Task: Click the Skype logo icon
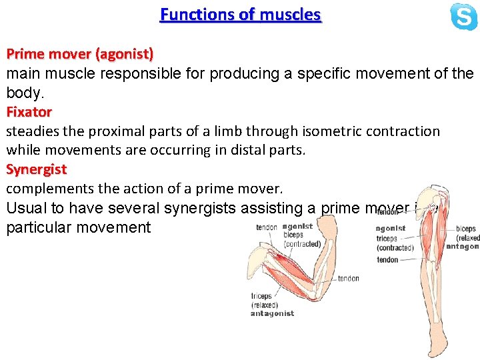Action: (x=463, y=17)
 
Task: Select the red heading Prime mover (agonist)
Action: (x=80, y=53)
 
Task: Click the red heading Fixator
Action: (x=29, y=111)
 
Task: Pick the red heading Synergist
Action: (x=37, y=169)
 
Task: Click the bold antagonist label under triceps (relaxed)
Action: (x=272, y=313)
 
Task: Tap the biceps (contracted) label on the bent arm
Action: (x=302, y=239)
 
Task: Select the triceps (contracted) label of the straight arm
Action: (x=395, y=243)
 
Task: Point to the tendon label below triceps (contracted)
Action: (x=387, y=260)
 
